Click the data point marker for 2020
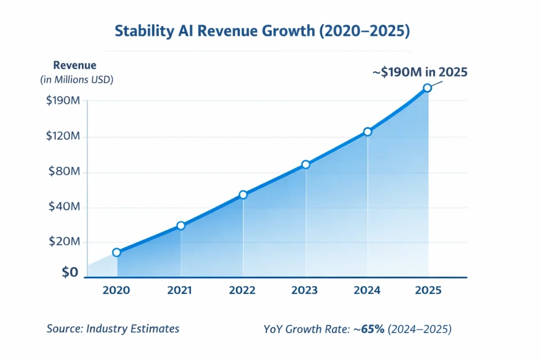[x=117, y=252]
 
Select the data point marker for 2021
[x=181, y=226]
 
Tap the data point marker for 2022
[x=243, y=194]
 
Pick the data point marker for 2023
[x=306, y=164]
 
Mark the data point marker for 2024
[x=368, y=132]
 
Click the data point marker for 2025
[x=427, y=88]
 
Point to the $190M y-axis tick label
[x=63, y=101]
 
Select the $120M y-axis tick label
[x=63, y=137]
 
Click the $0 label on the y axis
[x=70, y=273]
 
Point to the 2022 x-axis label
[x=242, y=290]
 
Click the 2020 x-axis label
[x=117, y=290]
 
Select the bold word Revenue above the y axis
[x=75, y=66]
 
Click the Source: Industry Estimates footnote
[x=113, y=329]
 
